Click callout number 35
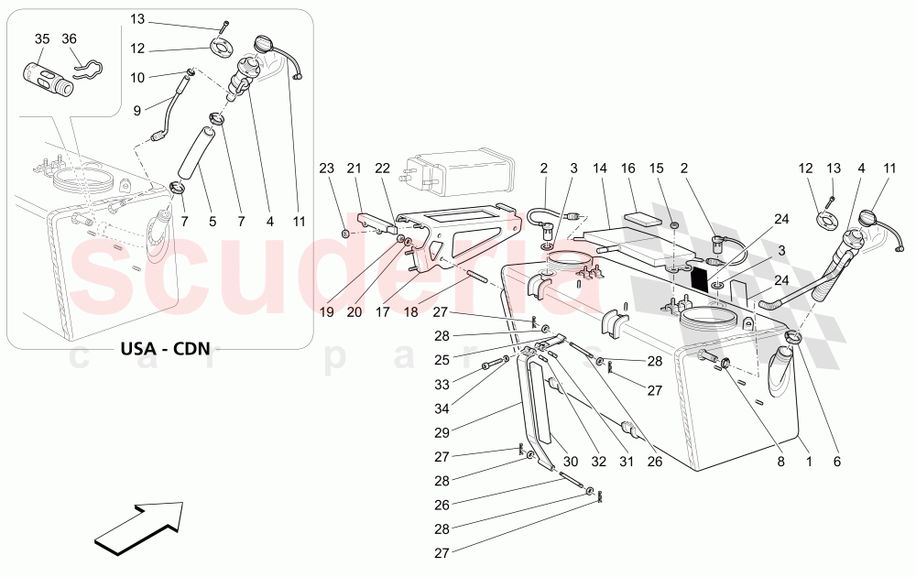tap(42, 38)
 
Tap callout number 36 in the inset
tap(70, 38)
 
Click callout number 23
tap(327, 168)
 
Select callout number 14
tap(600, 168)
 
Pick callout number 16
tap(628, 168)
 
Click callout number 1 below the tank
tap(808, 463)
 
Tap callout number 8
tap(781, 463)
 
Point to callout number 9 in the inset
tap(137, 111)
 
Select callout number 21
tap(354, 168)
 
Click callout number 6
tap(835, 463)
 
